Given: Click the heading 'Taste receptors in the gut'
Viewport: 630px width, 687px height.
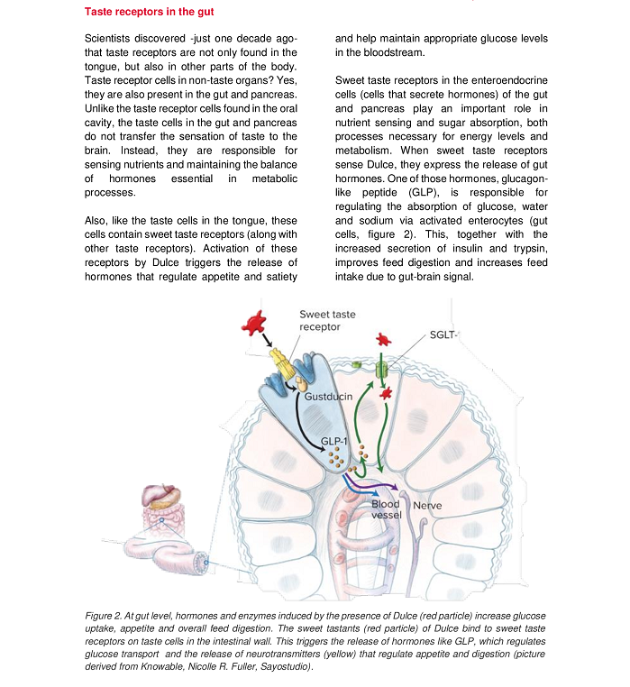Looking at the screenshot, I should click(x=150, y=13).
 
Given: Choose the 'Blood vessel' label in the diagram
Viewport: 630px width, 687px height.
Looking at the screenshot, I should click(x=386, y=509).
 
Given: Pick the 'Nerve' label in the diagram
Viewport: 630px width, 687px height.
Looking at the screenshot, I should click(x=427, y=506).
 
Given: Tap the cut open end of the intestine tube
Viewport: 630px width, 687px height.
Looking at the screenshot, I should click(x=201, y=563).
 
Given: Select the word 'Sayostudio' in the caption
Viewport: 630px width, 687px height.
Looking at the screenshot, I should click(x=278, y=666).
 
